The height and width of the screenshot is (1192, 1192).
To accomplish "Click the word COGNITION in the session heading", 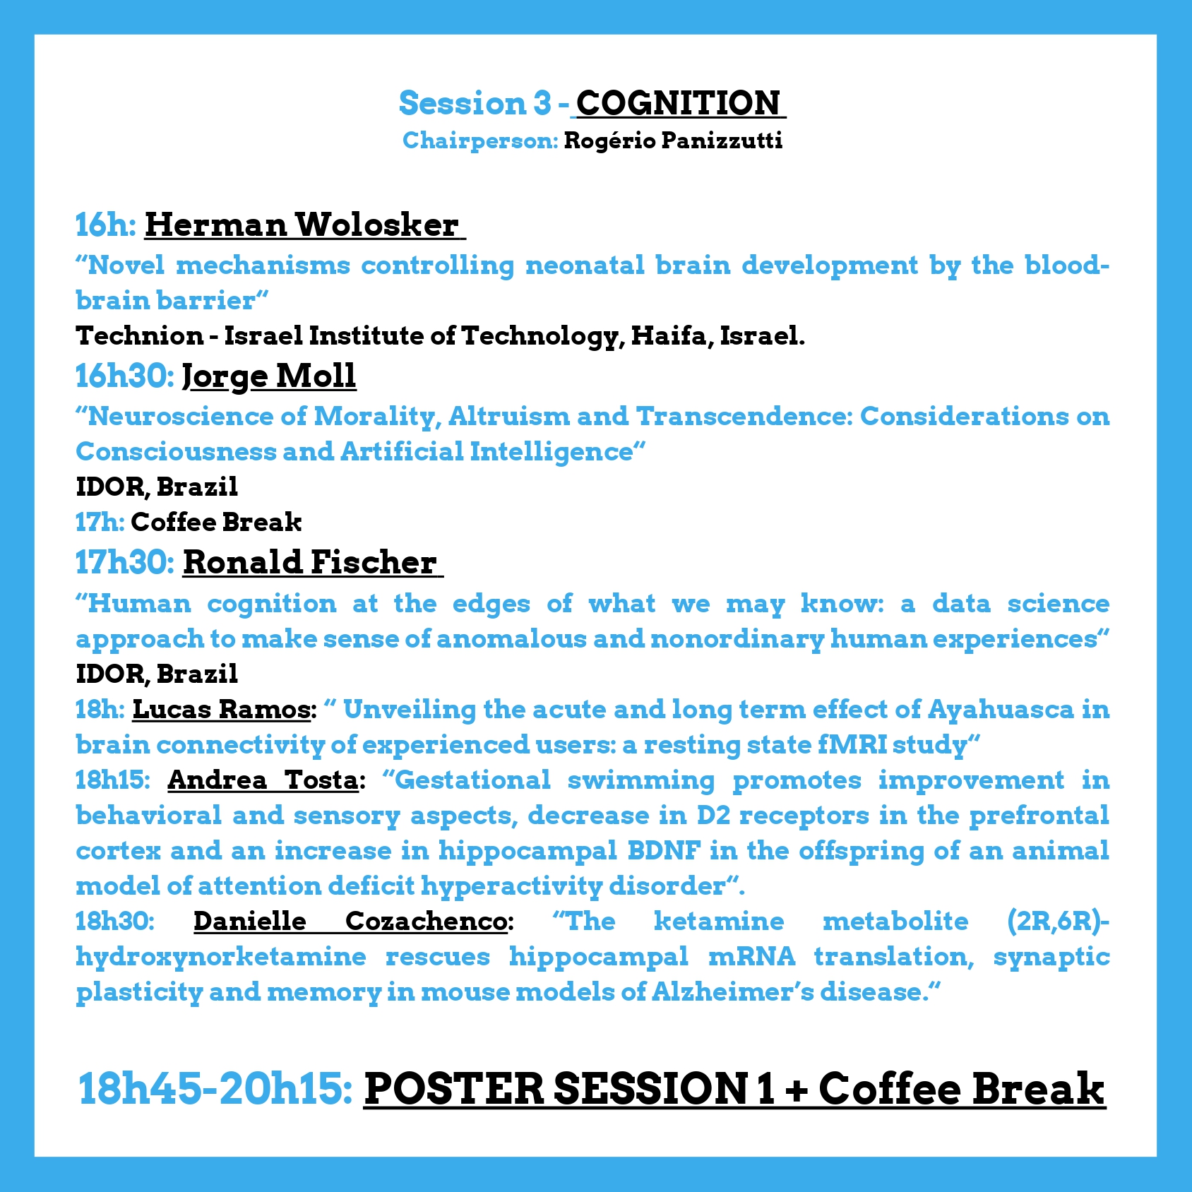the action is click(x=678, y=103).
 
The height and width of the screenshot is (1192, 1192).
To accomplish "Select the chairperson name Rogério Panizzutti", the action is click(x=673, y=141).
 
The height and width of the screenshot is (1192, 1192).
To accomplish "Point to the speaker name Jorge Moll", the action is click(x=269, y=376).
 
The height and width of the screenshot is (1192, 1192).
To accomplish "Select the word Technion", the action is click(x=140, y=335).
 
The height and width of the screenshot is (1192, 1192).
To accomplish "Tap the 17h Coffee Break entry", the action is click(x=189, y=522).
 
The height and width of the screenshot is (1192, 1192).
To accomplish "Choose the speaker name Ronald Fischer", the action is click(x=310, y=562).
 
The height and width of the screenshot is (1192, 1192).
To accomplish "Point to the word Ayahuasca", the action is click(x=1001, y=710).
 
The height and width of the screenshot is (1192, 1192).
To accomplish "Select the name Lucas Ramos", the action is click(x=221, y=709).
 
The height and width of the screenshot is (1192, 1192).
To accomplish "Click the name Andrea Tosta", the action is click(x=263, y=780).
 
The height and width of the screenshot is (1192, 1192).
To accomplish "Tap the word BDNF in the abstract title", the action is click(x=664, y=850).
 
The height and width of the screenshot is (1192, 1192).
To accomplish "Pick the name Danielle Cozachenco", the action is click(x=350, y=921).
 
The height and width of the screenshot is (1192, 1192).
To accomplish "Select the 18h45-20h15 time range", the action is click(x=215, y=1088).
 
